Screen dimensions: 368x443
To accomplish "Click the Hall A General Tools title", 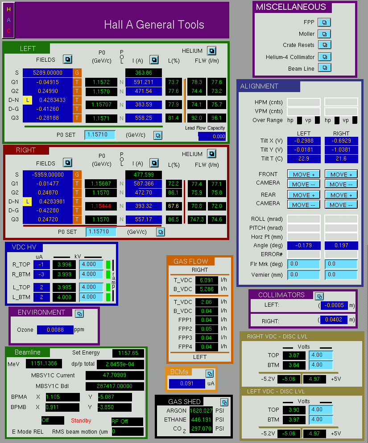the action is pos(154,25).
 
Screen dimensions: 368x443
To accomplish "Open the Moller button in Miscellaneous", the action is pos(324,34).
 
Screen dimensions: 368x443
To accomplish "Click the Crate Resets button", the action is pos(325,45).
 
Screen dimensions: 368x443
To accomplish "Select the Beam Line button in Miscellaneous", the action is pos(325,68).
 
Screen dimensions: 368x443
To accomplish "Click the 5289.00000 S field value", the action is pos(48,72).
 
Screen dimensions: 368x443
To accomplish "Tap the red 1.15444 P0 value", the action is pos(101,206).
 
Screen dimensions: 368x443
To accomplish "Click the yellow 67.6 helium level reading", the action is pos(174,206).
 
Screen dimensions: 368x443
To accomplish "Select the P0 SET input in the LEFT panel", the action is pos(100,135).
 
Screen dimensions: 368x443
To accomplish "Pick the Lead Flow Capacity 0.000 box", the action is pos(212,136).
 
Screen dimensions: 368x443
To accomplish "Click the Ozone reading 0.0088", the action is pos(55,330).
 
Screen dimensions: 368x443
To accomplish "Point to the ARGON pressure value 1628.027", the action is pos(201,410).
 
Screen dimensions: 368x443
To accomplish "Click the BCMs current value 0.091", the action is pos(187,384).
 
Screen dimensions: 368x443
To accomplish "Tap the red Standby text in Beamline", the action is pos(81,420).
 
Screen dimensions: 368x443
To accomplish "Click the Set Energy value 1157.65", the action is pos(128,353).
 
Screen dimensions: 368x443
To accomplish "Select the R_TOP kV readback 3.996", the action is pos(64,265).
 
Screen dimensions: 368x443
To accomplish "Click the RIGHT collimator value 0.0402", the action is pos(334,320).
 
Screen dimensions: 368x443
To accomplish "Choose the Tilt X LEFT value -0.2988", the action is pos(304,141).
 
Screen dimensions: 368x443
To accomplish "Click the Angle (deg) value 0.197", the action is pos(341,245).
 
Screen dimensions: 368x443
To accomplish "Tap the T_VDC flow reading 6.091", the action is pos(207,280).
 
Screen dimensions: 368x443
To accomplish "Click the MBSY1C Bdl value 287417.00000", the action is pos(115,386).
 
